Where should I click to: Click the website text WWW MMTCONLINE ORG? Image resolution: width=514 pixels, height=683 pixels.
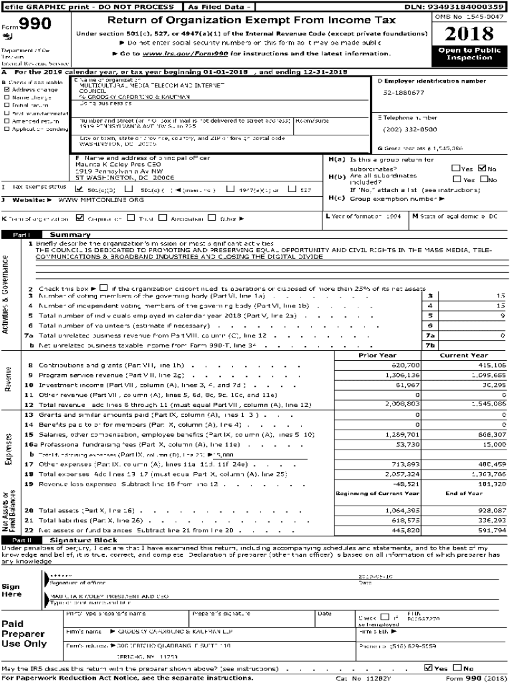[x=91, y=199]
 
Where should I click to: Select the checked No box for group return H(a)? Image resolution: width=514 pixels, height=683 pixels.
[x=483, y=169]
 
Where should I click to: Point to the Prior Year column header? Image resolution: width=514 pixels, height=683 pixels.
[x=377, y=356]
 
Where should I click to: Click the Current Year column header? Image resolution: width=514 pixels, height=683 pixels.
[x=464, y=356]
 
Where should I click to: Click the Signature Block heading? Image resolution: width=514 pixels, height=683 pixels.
[x=83, y=540]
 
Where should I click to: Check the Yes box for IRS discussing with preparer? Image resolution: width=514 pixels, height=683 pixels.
[x=429, y=668]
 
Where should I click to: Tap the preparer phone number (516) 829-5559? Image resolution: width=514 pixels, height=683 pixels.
[x=389, y=646]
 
